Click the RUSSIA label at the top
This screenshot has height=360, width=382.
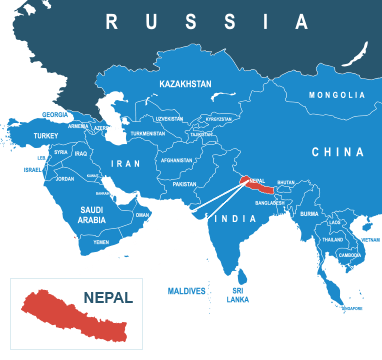pyautogui.click(x=207, y=21)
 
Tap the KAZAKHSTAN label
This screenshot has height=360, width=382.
pyautogui.click(x=185, y=85)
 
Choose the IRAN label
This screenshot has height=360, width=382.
pyautogui.click(x=125, y=163)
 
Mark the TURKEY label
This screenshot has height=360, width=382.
pyautogui.click(x=46, y=135)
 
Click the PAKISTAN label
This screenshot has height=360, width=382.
pyautogui.click(x=184, y=184)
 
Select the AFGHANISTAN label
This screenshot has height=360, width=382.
pyautogui.click(x=176, y=160)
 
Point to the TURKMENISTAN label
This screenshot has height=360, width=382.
pyautogui.click(x=147, y=133)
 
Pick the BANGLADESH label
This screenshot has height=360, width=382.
pyautogui.click(x=270, y=203)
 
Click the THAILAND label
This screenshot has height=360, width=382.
pyautogui.click(x=332, y=240)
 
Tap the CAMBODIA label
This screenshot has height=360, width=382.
pyautogui.click(x=350, y=255)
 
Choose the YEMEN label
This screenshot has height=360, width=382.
pyautogui.click(x=101, y=242)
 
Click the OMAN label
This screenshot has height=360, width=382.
pyautogui.click(x=142, y=214)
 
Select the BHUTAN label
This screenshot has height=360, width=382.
pyautogui.click(x=286, y=182)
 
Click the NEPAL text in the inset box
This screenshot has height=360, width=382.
pyautogui.click(x=108, y=297)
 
